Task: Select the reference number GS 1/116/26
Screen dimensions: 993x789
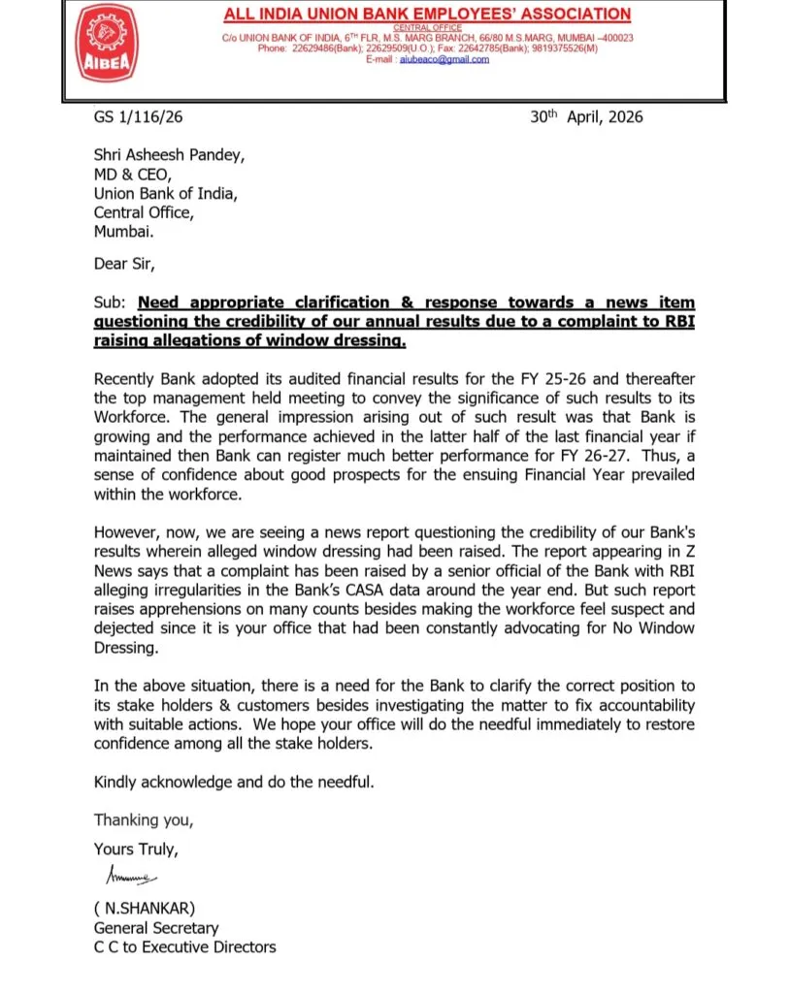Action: click(x=139, y=117)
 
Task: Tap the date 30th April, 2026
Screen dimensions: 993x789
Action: click(x=586, y=117)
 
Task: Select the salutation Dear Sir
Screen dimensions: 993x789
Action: click(x=124, y=263)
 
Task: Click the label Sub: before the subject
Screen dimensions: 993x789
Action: click(x=108, y=304)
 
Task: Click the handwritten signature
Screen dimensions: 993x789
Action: click(x=129, y=876)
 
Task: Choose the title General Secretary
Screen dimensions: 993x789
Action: click(x=156, y=928)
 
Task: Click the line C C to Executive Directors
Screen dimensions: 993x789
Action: click(x=184, y=946)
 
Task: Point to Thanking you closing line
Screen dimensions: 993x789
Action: click(x=144, y=819)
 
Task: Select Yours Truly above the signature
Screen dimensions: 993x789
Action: click(x=136, y=849)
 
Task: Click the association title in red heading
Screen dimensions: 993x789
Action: click(x=427, y=14)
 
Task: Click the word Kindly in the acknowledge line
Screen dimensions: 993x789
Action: click(x=116, y=782)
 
